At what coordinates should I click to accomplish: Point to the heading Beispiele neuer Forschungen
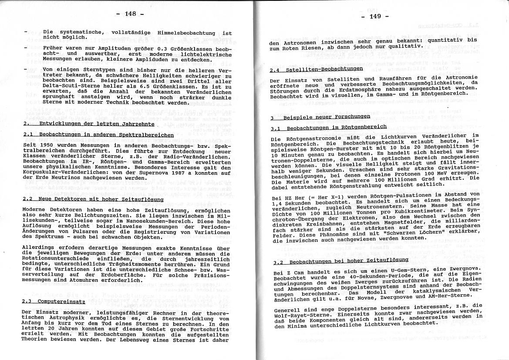(326, 116)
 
